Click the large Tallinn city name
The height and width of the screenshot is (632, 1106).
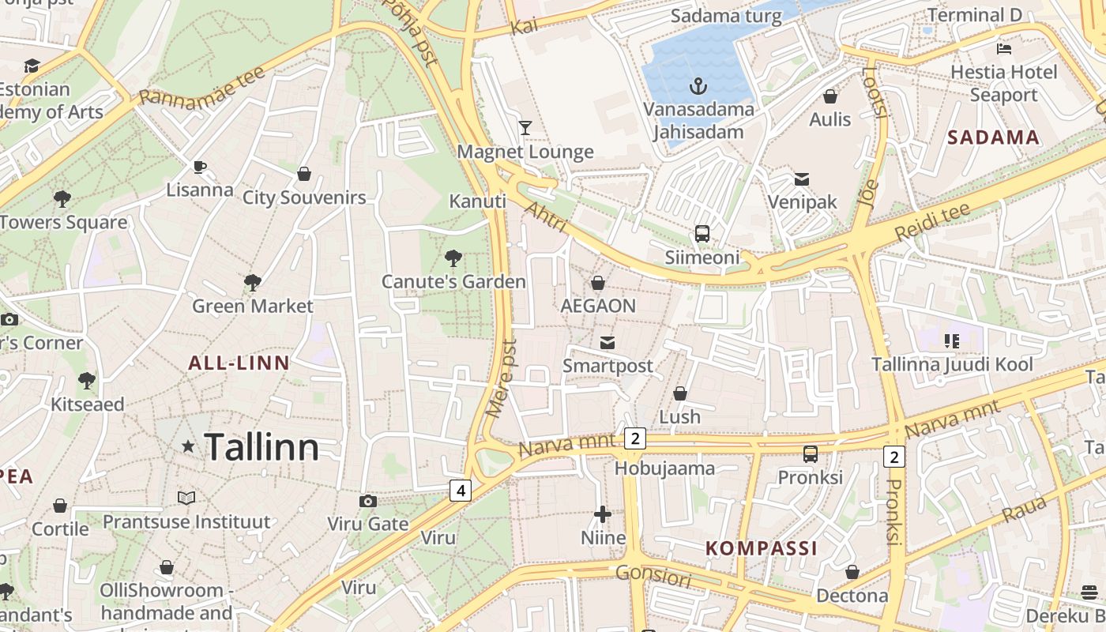click(x=261, y=447)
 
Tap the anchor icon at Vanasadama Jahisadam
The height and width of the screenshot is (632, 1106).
click(x=698, y=85)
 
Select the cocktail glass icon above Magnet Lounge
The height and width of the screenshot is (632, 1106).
click(x=525, y=127)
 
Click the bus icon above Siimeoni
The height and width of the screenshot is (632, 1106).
click(x=702, y=233)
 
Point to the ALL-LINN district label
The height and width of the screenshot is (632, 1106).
click(x=239, y=363)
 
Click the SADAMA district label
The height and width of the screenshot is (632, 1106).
click(x=993, y=137)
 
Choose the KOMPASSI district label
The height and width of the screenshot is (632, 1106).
click(x=761, y=548)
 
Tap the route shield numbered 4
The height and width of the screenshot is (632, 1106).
click(x=461, y=491)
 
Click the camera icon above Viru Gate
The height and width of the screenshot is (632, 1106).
click(x=367, y=501)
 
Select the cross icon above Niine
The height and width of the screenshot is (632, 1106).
click(x=603, y=515)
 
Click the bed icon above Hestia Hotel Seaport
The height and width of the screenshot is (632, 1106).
click(x=1004, y=48)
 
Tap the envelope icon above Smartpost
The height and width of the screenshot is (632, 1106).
click(x=607, y=342)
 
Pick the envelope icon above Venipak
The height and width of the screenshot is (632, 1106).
click(x=802, y=179)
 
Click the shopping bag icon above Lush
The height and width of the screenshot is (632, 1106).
click(x=679, y=393)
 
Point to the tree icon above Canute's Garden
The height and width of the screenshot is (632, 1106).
click(x=453, y=258)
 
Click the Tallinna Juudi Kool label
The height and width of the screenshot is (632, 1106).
click(x=952, y=364)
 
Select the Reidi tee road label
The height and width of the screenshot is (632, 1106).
click(x=932, y=222)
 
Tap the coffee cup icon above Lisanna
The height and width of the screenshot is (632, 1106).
click(x=200, y=167)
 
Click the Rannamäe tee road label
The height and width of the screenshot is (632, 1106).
click(x=202, y=86)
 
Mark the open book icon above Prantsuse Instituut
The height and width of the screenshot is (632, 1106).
click(x=186, y=498)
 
